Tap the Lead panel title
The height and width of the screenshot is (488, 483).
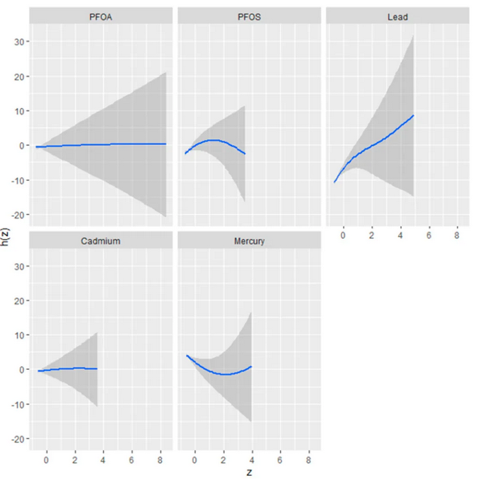pos(397,17)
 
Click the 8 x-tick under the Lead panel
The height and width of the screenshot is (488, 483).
pos(456,234)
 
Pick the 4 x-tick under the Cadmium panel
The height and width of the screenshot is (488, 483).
pos(103,459)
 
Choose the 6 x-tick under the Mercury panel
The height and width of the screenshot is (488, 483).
pos(280,459)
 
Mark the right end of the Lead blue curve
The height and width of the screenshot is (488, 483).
pos(413,115)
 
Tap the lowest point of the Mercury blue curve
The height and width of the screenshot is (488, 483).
pos(224,374)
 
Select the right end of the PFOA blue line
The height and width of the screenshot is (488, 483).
pos(165,144)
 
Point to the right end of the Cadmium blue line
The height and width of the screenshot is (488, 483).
pos(97,368)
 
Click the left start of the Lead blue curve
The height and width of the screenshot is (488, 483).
pos(334,182)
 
